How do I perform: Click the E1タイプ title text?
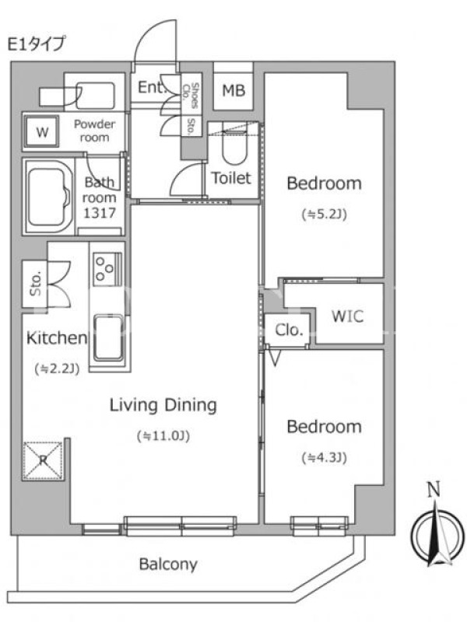36,44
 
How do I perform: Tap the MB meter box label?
233,91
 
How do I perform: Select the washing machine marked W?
42,131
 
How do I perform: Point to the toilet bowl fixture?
235,147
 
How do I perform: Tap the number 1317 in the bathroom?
100,213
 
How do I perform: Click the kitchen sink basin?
108,338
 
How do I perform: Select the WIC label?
347,316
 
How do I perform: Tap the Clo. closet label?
289,330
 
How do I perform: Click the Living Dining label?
163,405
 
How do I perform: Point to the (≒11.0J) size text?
163,436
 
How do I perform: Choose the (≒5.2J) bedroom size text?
325,215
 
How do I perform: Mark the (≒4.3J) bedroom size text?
325,458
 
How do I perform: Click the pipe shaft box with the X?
43,460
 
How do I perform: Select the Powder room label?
94,131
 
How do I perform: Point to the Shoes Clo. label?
190,95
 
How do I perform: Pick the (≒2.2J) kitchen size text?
57,369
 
